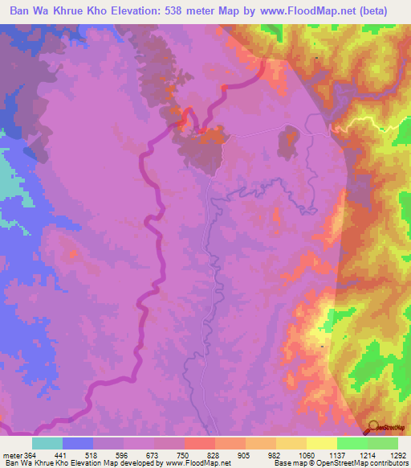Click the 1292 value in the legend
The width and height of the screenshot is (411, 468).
(399, 454)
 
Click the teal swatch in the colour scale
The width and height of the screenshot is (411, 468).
(47, 443)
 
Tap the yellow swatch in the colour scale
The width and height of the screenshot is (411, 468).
(322, 443)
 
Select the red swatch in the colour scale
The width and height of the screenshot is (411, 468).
(200, 443)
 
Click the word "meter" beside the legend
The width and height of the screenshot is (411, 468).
(11, 454)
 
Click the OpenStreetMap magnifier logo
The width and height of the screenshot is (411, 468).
(372, 428)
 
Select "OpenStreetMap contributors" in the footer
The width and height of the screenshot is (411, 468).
(364, 463)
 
